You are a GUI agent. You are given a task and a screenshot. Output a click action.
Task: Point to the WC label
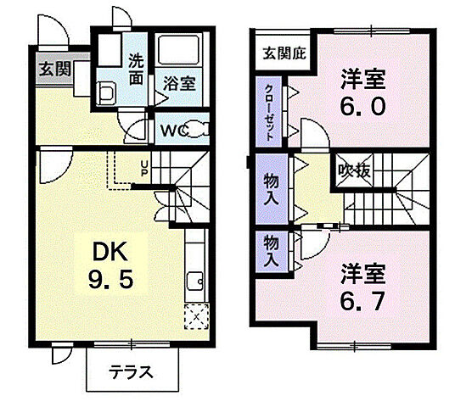tap(173, 131)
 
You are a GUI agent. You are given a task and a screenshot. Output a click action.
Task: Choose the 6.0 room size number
tap(364, 107)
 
